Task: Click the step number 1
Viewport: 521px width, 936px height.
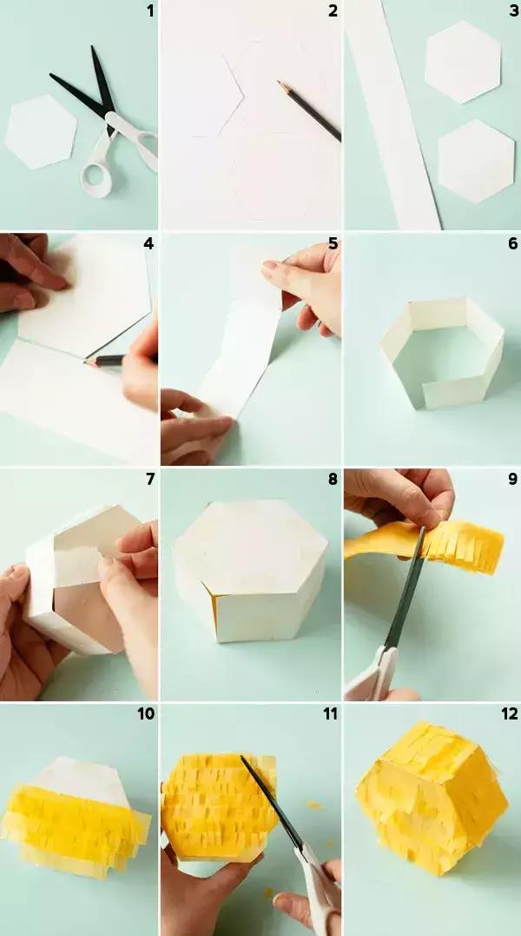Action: (149, 10)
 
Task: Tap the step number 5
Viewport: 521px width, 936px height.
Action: (333, 243)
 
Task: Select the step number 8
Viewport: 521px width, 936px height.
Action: (333, 479)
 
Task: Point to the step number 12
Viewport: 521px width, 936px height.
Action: (510, 714)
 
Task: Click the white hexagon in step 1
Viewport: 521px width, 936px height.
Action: (41, 131)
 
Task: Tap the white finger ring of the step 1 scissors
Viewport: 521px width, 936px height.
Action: (96, 176)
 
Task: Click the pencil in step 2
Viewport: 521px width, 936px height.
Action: (309, 111)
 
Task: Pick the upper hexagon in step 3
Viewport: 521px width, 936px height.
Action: (463, 62)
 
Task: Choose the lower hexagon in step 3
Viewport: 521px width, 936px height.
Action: (477, 161)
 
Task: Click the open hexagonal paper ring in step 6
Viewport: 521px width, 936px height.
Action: (442, 352)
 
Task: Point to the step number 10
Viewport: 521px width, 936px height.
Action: (146, 714)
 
